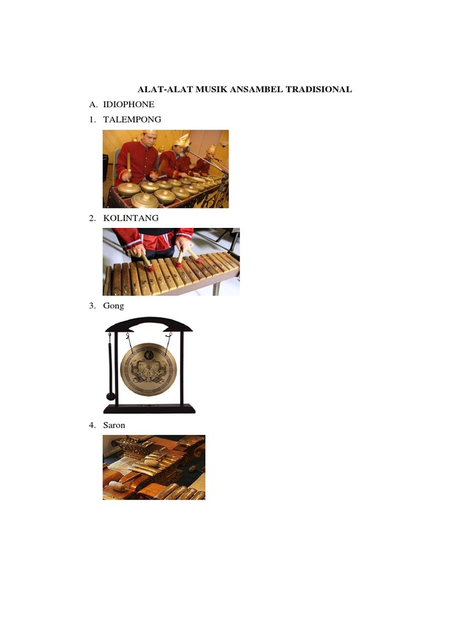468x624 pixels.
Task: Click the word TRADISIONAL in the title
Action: tap(319, 89)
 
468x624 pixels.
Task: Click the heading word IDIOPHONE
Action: tap(129, 104)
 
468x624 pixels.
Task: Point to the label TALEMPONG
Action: tap(132, 119)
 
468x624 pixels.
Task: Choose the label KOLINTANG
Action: tap(131, 218)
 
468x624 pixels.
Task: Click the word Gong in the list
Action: tap(113, 306)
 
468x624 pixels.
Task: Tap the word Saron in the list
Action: tap(114, 425)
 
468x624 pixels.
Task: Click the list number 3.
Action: tap(93, 306)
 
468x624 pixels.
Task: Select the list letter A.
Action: tap(93, 104)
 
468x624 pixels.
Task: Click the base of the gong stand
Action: tap(149, 409)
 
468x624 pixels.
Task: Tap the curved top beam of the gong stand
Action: tap(149, 324)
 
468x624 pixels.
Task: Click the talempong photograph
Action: tap(166, 169)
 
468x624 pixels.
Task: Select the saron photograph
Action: tap(154, 467)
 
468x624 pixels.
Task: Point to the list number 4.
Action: tap(93, 425)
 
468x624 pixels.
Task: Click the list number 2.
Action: tap(93, 218)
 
